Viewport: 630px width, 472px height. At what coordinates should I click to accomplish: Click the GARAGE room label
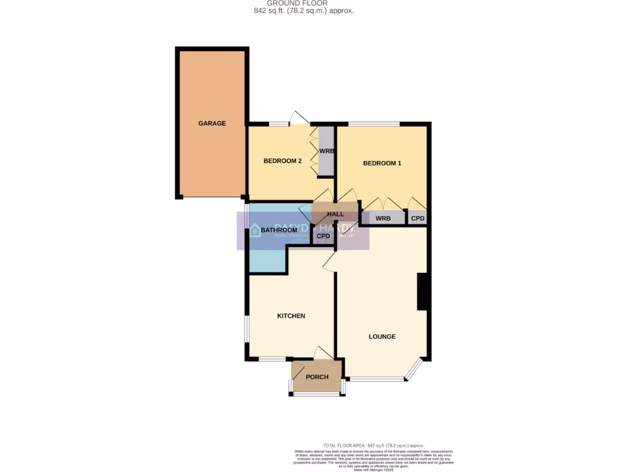[212, 124]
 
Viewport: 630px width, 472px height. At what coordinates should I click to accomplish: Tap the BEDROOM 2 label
[282, 162]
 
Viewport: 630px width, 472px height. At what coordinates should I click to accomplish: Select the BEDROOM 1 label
[381, 163]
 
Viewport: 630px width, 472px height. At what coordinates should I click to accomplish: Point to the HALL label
[335, 214]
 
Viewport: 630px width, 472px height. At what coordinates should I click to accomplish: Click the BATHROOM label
[279, 230]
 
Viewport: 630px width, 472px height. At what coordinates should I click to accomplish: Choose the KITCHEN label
[291, 316]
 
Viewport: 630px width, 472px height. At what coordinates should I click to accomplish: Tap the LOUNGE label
[381, 337]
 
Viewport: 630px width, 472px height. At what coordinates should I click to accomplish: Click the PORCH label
[317, 377]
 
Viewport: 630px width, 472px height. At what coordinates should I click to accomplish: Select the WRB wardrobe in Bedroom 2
[325, 151]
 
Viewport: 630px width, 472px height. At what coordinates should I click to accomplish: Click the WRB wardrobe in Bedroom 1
[383, 218]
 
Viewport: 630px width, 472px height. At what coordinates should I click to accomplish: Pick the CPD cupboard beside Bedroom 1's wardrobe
[418, 218]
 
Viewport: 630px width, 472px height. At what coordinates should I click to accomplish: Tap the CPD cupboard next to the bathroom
[323, 236]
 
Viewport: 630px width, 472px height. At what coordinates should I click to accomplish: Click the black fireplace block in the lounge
[423, 291]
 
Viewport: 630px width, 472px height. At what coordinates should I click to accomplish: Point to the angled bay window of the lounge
[414, 369]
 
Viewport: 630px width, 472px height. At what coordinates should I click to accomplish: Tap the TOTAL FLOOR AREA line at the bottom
[373, 446]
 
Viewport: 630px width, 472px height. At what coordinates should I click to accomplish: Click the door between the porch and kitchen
[322, 353]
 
